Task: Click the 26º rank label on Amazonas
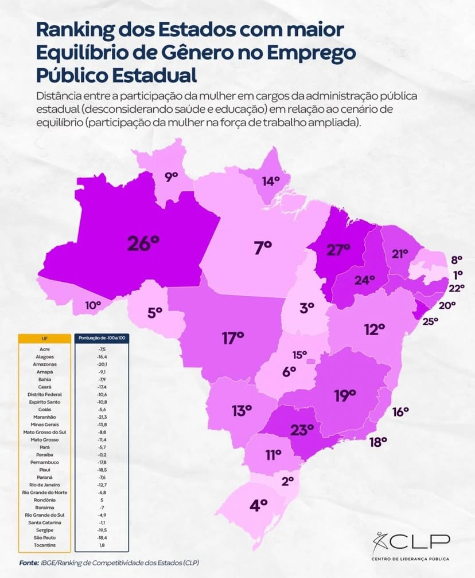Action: coord(143,243)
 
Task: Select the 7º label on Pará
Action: coord(262,248)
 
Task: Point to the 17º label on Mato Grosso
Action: coord(233,337)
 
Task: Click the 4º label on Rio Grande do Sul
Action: coord(259,505)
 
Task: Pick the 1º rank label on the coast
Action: coord(458,274)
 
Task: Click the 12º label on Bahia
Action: coord(374,329)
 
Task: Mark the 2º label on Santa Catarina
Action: coord(288,481)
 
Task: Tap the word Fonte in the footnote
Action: coord(28,563)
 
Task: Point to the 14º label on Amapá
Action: coord(271,181)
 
